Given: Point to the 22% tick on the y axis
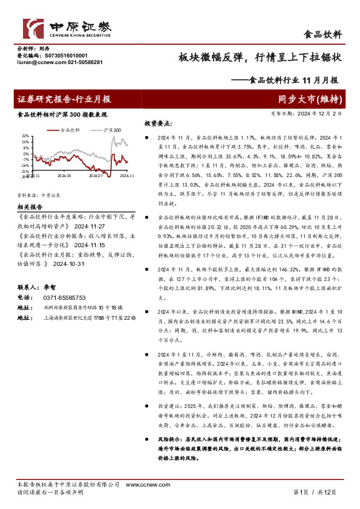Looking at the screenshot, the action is (25, 136).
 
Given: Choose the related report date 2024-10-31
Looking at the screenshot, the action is (70, 264).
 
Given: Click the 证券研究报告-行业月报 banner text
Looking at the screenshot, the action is (64, 99).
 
